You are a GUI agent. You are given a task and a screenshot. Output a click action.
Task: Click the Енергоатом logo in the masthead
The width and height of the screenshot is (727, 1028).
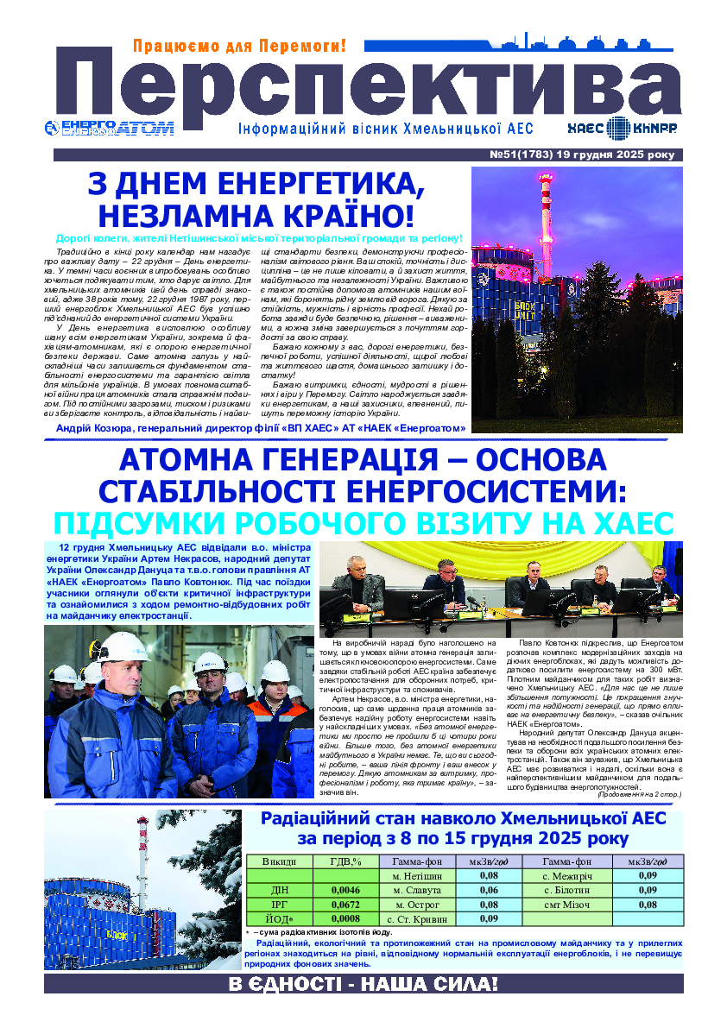click(109, 128)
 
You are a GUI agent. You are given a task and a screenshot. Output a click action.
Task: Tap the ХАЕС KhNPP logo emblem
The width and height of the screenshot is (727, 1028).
click(617, 129)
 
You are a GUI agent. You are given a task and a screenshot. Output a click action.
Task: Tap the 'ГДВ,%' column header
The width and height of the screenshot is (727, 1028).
click(345, 861)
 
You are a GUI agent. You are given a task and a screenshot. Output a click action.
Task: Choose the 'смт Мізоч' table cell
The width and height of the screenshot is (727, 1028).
click(566, 905)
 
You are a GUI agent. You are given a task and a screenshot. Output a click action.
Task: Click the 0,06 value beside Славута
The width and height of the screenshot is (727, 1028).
click(489, 890)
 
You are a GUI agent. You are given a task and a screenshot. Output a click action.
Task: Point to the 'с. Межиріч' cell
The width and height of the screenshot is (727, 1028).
click(566, 875)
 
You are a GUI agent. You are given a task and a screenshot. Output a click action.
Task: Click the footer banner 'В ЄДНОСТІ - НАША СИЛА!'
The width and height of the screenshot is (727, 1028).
click(363, 984)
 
